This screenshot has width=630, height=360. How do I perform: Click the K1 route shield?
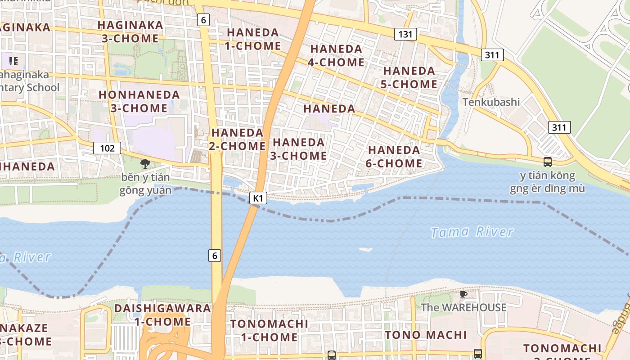(x=258, y=198)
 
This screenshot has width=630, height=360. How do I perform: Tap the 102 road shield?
(x=107, y=148)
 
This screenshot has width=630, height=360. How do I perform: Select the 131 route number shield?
(x=405, y=34)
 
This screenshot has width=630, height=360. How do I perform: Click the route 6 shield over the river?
(x=215, y=256)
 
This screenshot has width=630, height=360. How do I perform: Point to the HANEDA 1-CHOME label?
(x=254, y=39)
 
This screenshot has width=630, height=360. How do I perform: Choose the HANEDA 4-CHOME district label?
(x=336, y=55)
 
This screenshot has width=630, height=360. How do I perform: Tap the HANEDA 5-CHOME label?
(x=409, y=77)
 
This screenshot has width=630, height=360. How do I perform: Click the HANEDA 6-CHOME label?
(x=394, y=157)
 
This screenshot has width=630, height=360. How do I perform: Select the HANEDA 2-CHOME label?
(x=237, y=139)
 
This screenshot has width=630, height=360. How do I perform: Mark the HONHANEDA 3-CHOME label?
(x=139, y=102)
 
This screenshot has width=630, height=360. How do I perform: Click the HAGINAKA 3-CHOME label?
(x=130, y=31)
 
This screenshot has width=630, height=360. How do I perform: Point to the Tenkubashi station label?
(x=491, y=102)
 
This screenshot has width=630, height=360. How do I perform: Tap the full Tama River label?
(x=472, y=232)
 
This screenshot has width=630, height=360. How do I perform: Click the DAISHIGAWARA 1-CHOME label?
(x=162, y=315)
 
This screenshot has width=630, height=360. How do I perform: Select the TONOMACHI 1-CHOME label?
(x=269, y=330)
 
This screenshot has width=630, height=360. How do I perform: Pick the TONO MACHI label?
(x=426, y=335)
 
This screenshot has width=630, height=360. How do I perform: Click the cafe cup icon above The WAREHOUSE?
(x=463, y=295)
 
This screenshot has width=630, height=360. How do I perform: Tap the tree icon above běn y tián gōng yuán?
(x=145, y=164)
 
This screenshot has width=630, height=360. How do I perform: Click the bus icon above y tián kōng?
(x=547, y=162)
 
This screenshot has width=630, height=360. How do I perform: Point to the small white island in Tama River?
(x=365, y=249)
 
